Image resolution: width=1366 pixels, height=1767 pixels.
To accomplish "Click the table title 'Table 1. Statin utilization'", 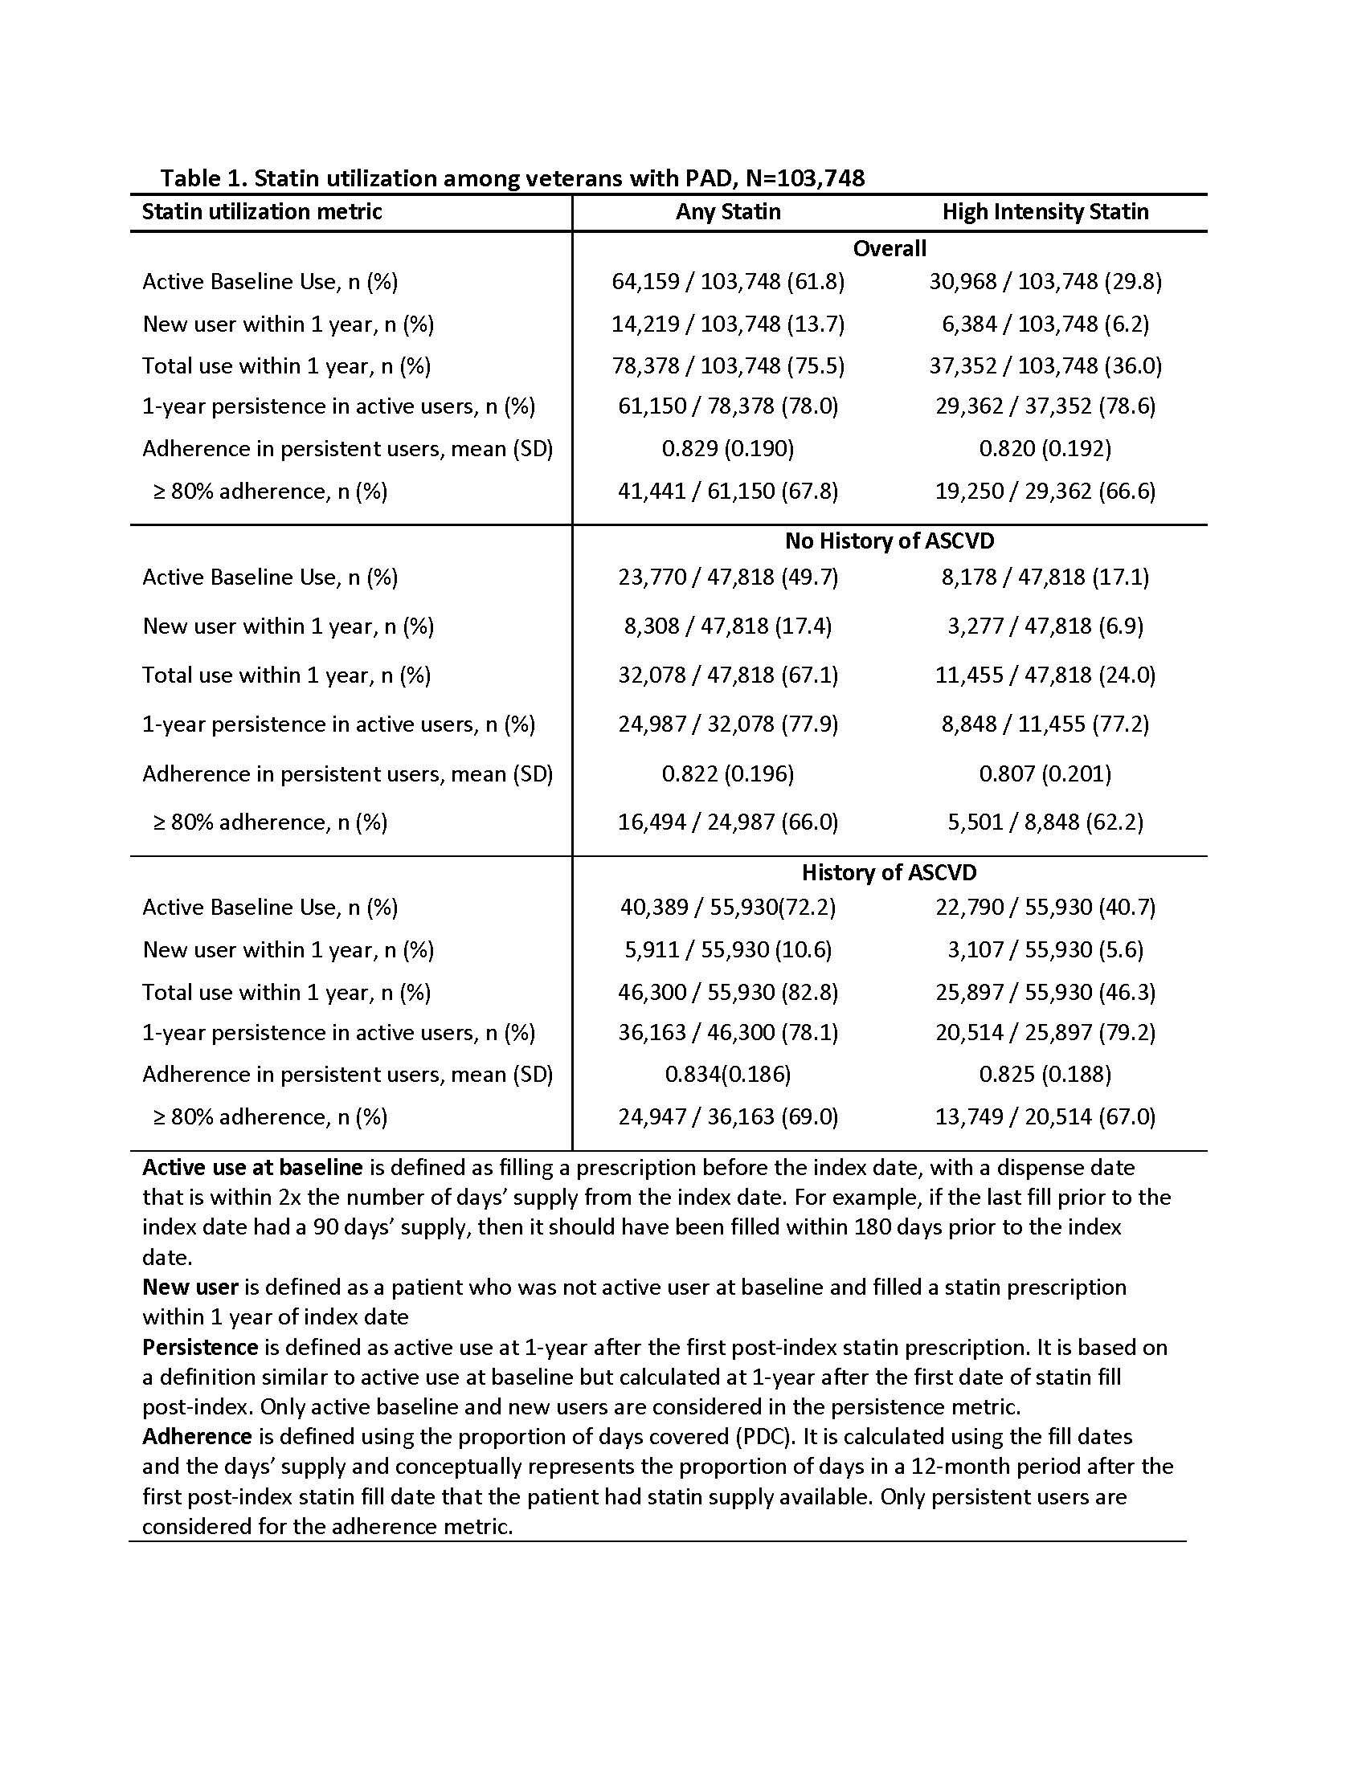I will (x=511, y=178).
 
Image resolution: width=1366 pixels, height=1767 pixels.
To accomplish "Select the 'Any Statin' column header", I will (x=728, y=212).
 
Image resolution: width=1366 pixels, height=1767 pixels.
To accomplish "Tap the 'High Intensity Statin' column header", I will (x=1045, y=212).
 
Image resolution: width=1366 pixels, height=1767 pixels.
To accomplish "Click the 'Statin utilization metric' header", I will (x=262, y=212).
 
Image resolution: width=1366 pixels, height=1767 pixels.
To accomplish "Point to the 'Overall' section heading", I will (x=890, y=248).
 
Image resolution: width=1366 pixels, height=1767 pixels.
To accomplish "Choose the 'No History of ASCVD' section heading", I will (x=890, y=541).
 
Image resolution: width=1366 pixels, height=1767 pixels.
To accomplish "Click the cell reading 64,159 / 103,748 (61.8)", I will (x=728, y=282).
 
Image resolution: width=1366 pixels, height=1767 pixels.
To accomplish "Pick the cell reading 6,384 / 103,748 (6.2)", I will (x=1045, y=324).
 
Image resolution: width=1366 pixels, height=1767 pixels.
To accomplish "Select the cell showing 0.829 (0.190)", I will (x=728, y=448).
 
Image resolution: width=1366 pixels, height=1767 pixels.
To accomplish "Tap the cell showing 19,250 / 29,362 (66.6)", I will (x=1045, y=491).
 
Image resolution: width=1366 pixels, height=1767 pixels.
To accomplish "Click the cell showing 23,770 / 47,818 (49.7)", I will (x=728, y=577).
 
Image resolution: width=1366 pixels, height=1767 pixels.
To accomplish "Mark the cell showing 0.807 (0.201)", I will (x=1045, y=774).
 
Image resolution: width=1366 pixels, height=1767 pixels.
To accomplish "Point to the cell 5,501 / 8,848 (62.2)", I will (x=1045, y=822).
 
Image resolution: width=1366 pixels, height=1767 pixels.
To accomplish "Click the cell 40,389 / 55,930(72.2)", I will (x=728, y=907).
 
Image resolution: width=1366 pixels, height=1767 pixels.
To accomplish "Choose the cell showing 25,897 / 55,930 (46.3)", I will (x=1045, y=992).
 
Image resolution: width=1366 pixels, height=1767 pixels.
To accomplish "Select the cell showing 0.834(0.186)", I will (x=728, y=1074).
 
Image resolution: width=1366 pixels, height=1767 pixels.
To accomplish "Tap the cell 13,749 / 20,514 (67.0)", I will (x=1045, y=1116).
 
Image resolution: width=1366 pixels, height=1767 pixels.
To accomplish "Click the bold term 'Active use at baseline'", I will (x=252, y=1168).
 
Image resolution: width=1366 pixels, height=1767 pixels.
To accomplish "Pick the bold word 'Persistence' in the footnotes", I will (x=200, y=1347).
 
